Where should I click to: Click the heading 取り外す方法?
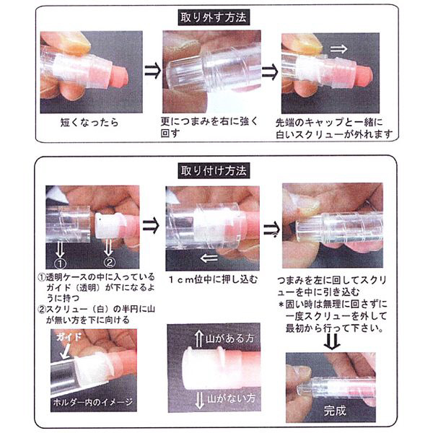tap(214, 17)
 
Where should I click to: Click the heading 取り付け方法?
tap(214, 171)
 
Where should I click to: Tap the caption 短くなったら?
tap(89, 123)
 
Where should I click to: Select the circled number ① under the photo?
tap(60, 263)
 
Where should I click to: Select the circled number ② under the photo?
tap(109, 262)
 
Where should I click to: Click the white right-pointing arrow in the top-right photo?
tap(338, 49)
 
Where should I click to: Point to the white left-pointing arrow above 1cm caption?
tap(209, 259)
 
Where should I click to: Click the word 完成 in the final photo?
tap(335, 411)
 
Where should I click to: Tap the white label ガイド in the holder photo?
tap(69, 337)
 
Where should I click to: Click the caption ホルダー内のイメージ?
tap(93, 402)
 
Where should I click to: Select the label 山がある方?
tap(229, 338)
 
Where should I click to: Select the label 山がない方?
tap(232, 398)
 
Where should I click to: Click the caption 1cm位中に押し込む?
tap(213, 280)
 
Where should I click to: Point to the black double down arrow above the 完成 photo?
tap(332, 342)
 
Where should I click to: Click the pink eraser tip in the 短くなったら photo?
tap(119, 77)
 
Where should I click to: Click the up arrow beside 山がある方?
tap(199, 339)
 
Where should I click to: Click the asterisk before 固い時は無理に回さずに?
tap(281, 305)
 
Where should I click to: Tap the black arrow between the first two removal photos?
tap(152, 71)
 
